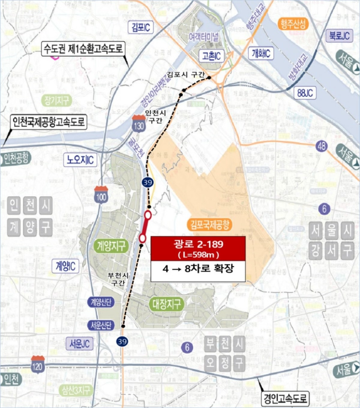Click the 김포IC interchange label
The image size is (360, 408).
coord(141,27)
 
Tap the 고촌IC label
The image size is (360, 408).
coord(211,56)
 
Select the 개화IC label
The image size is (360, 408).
coord(261,54)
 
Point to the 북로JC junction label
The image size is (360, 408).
coord(339,36)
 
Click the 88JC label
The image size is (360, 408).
coord(305,93)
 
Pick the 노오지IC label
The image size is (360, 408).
coord(80,160)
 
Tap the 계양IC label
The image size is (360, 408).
coord(65,266)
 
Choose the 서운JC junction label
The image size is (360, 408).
coord(79,343)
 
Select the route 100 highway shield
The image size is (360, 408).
coord(101,195)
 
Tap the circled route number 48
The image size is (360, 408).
coord(321,146)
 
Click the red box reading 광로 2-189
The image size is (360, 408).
coord(198,249)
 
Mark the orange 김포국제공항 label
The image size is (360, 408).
coord(210,224)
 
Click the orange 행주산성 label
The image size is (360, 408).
coord(293,24)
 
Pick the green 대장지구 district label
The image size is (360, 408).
coord(166,304)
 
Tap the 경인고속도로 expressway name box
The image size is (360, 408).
coord(285,399)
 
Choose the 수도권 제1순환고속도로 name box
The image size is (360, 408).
coord(83,49)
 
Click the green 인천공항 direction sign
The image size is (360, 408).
coord(16,158)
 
